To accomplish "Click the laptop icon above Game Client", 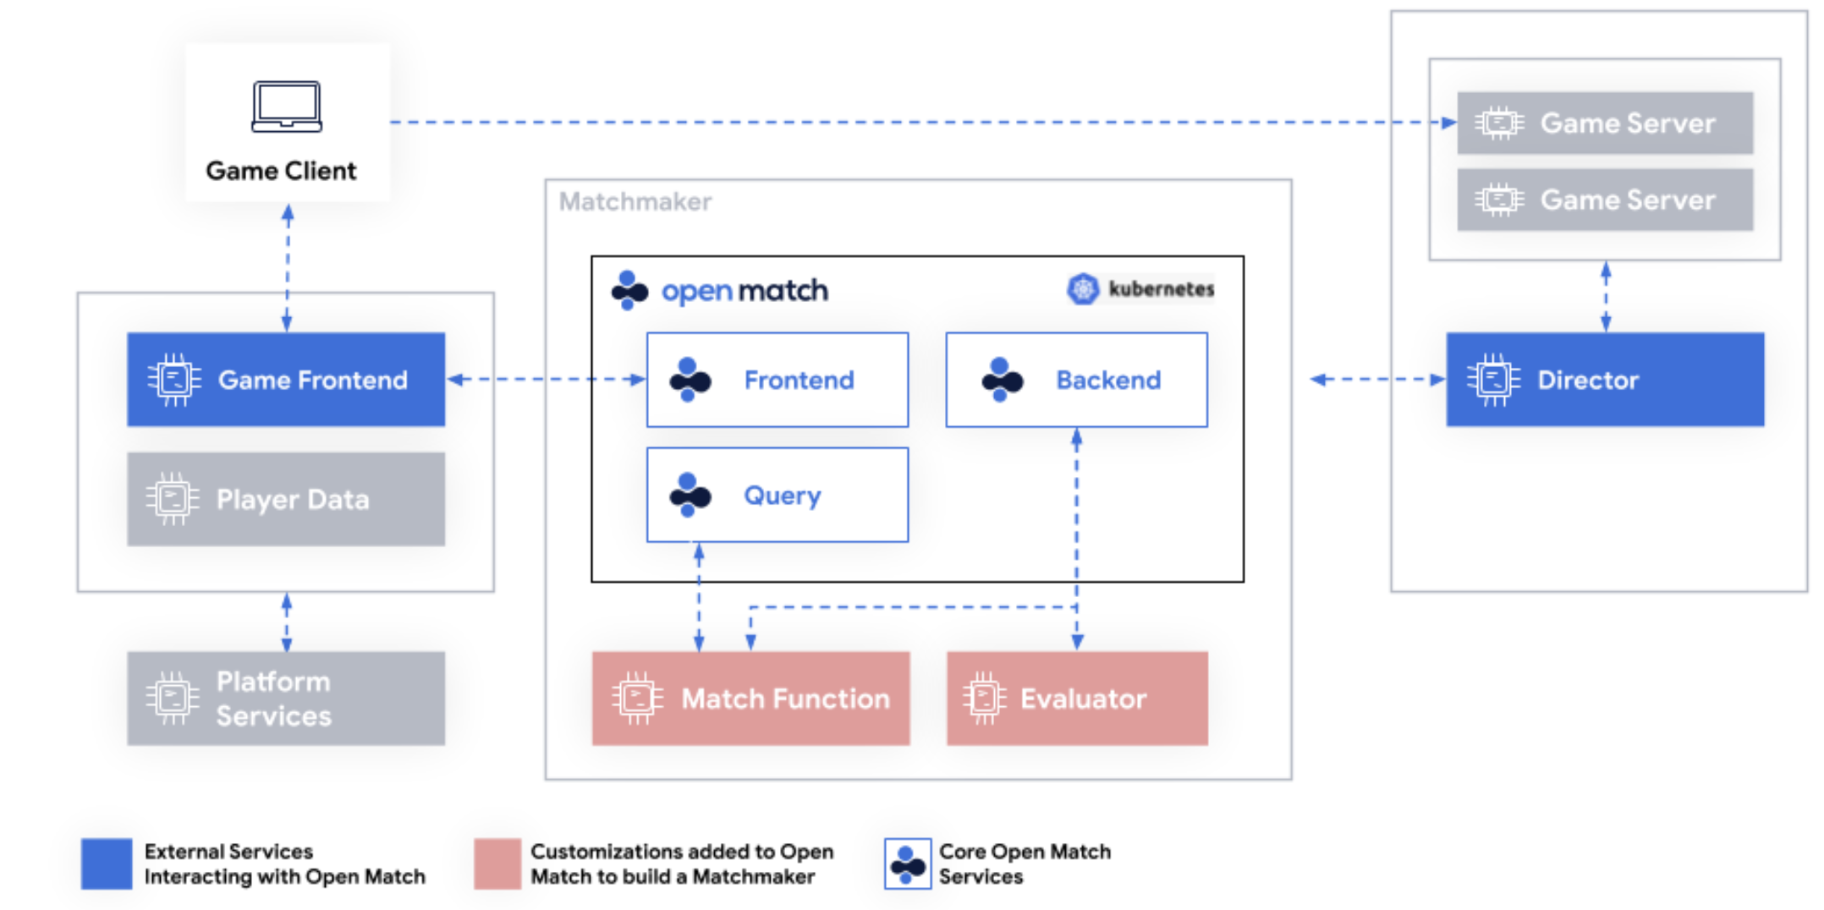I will [287, 107].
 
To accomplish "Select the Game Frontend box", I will [286, 380].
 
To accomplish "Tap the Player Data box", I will [286, 499].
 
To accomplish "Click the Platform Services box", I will [286, 699].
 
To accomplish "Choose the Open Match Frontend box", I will [777, 380].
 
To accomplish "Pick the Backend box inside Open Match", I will [1076, 380].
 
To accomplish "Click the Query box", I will [777, 495].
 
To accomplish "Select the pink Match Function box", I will [751, 699].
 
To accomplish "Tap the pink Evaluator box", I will [1077, 699].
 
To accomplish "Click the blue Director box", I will [1605, 380].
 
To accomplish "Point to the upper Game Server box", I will [1605, 123].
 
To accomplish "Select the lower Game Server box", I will [1605, 200].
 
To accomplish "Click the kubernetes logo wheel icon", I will [1083, 289].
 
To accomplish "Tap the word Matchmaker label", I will [635, 202].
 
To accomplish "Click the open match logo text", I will [744, 291].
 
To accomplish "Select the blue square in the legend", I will [107, 863].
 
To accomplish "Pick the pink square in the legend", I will [497, 863].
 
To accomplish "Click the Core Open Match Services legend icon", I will [908, 863].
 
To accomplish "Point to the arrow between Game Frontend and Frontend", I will [546, 380].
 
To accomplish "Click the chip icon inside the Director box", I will [1493, 380].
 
